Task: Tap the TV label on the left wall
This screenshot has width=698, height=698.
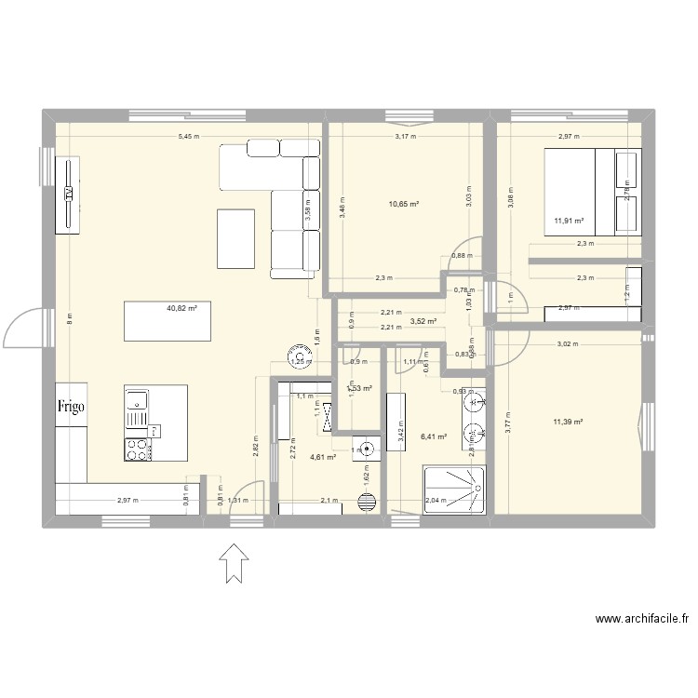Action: click(x=68, y=194)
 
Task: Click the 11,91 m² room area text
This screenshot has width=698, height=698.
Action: click(x=568, y=221)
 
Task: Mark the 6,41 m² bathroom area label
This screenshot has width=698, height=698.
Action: click(x=435, y=436)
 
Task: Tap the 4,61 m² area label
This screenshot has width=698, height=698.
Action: click(x=322, y=457)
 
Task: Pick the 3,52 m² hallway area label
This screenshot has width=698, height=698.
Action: click(x=423, y=321)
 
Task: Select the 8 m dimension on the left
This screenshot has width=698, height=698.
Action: click(x=68, y=316)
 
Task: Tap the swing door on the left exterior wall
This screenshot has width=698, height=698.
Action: click(x=25, y=328)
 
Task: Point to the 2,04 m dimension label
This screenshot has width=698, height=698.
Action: click(x=436, y=501)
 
